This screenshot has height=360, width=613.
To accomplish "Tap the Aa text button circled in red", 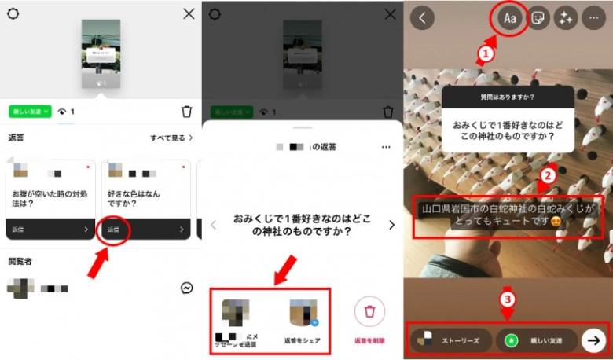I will pos(509,19).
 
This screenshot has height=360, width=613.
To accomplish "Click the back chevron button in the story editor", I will pos(422,19).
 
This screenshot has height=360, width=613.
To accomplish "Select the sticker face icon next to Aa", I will pos(538,19).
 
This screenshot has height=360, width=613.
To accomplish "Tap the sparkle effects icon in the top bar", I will pos(565,19).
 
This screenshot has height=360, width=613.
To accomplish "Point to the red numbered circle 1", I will pos(486,54).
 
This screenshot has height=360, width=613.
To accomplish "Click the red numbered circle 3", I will pos(508,299).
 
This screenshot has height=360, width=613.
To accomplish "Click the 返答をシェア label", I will pos(303,342).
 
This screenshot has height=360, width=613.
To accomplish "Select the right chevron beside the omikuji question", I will pos(391,226).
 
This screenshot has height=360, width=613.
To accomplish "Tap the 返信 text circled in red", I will pos(114,230).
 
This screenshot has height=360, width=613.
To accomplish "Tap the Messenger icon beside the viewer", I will pos(187,288).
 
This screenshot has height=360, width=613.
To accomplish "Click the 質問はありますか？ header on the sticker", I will pos(507,97).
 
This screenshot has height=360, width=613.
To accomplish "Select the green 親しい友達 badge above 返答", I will pos(30,112).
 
